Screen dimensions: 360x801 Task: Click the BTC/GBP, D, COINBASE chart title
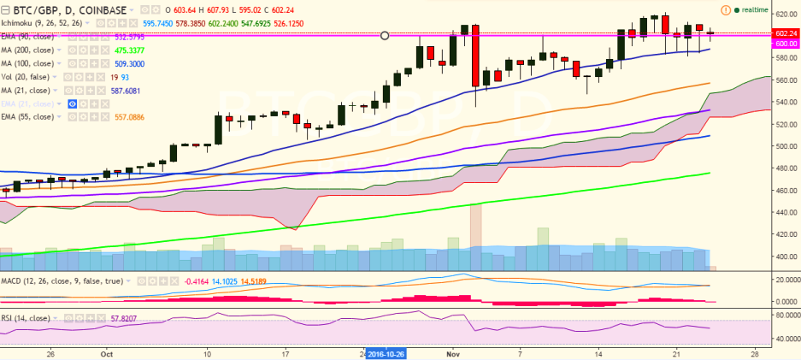pos(60,10)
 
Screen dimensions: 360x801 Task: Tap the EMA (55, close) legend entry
pos(31,115)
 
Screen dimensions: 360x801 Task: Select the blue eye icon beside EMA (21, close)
pos(74,103)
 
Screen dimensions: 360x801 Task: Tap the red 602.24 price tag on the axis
pos(785,32)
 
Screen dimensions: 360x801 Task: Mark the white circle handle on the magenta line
pos(385,36)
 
